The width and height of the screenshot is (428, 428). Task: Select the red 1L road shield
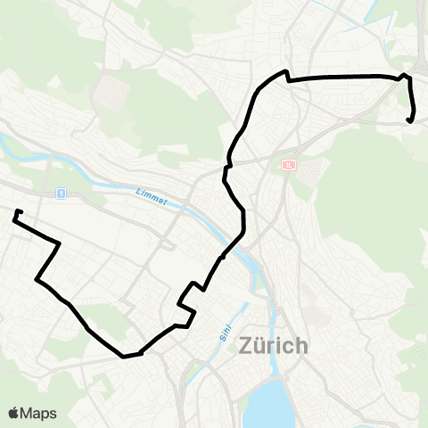pos(288,165)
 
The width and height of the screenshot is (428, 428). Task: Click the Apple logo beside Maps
pos(14,413)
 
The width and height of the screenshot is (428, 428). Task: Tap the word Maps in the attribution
pos(39,413)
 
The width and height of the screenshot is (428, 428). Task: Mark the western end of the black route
pos(16,212)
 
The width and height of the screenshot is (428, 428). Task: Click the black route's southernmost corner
pos(124,356)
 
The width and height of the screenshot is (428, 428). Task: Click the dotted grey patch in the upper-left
pos(111,90)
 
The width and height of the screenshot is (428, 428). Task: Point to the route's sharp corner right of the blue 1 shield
pos(59,243)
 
